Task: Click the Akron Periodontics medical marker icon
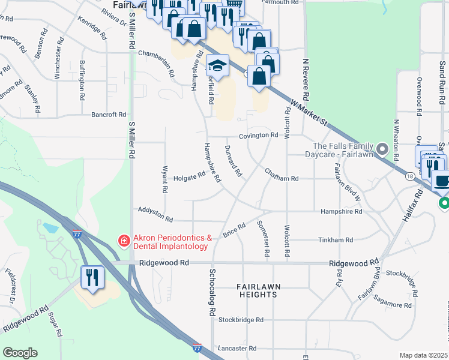[124, 241]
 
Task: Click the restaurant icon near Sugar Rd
[92, 277]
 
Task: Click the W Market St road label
[308, 113]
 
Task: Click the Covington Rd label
[258, 136]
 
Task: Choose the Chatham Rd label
[282, 179]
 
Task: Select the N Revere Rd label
[306, 80]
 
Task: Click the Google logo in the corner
[20, 353]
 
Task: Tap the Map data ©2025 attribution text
[424, 355]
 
